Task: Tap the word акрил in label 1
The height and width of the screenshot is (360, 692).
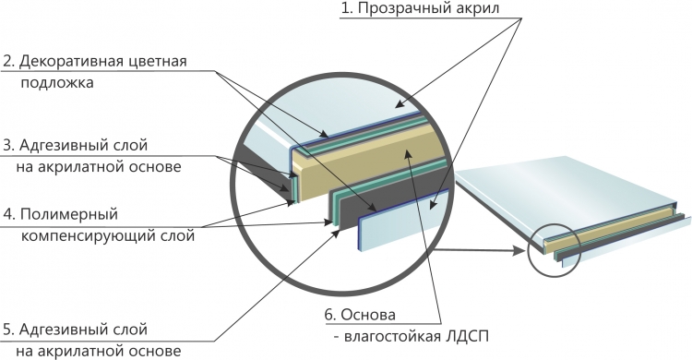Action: pos(479,8)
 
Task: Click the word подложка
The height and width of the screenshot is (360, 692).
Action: pos(57,82)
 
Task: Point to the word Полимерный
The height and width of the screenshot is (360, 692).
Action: pos(69,215)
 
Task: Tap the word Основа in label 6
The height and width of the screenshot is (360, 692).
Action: pos(368,315)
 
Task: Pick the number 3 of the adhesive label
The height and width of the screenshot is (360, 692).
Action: pos(8,145)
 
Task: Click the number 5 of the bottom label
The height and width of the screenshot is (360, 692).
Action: pos(8,330)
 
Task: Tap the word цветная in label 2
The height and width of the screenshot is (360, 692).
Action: pos(158,62)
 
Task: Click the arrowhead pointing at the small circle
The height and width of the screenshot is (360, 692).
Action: pos(520,251)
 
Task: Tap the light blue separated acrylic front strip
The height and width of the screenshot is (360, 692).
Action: pos(401,220)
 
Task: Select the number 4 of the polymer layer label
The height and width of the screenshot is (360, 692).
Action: pos(8,215)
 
